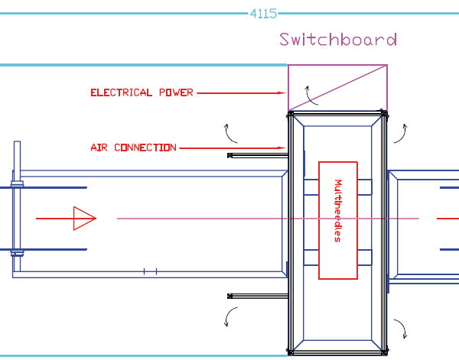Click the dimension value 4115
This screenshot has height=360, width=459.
(263, 13)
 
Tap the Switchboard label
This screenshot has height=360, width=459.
(338, 40)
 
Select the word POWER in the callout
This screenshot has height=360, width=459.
(176, 92)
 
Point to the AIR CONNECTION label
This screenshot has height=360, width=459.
(133, 148)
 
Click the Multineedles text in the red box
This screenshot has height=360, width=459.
(337, 211)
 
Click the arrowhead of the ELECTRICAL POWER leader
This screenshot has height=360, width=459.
(282, 93)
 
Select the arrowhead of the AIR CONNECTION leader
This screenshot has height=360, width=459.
(282, 148)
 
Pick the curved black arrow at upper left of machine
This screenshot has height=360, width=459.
(229, 133)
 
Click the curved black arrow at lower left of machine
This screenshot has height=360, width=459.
(230, 316)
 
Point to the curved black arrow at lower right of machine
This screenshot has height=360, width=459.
(399, 328)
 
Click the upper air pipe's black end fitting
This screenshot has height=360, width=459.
(230, 155)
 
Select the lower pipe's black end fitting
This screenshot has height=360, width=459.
(230, 295)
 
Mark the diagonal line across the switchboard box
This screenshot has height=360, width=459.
(337, 88)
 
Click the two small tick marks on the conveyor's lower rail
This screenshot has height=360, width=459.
(151, 271)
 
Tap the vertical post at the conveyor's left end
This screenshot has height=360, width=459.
(15, 210)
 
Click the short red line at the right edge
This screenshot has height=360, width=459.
(448, 219)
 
